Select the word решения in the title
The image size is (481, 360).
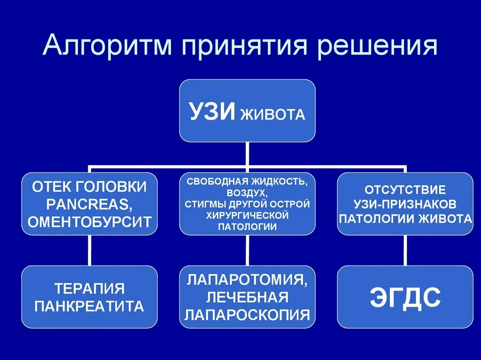coord(377,47)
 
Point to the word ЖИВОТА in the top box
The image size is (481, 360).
coord(272,114)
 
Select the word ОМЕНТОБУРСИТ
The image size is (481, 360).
coord(89,222)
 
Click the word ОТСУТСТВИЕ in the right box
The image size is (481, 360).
coord(405,191)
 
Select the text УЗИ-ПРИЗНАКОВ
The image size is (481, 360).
coord(405,205)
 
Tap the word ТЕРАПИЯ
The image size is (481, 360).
coord(89,288)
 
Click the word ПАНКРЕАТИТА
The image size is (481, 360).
coord(89,306)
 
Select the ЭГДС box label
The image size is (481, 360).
coord(405,297)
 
